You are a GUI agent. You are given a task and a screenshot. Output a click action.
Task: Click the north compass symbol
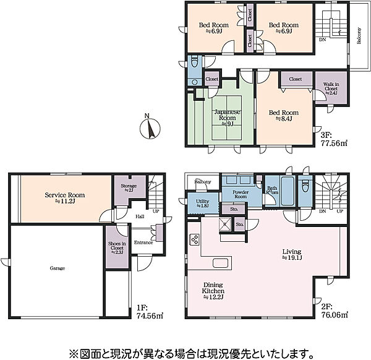tap(148, 127)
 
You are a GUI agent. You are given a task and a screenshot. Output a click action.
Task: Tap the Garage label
tap(58, 268)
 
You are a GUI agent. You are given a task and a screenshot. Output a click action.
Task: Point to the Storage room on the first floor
tap(129, 187)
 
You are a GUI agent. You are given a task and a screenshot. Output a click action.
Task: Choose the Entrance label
tap(144, 242)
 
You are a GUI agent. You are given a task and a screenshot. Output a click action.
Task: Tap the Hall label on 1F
tap(140, 216)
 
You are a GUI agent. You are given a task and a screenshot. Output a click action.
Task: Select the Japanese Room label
tap(223, 116)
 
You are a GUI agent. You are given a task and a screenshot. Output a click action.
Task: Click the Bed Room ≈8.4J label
tap(284, 116)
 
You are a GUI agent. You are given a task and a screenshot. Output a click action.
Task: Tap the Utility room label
tap(203, 202)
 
